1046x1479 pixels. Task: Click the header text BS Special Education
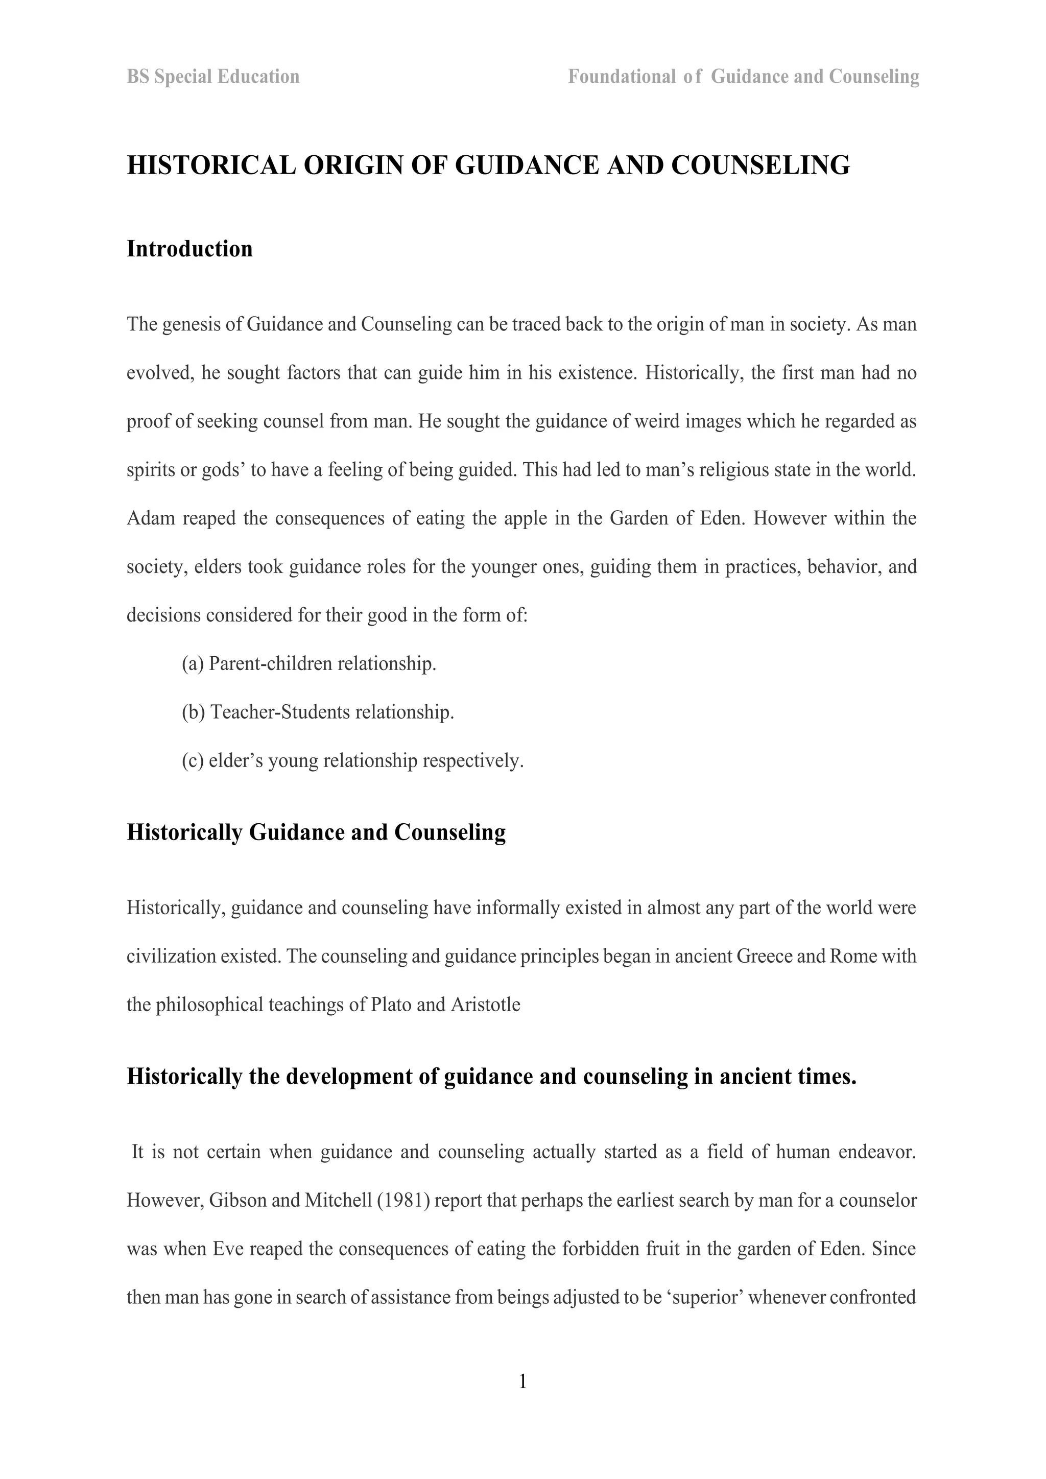(212, 77)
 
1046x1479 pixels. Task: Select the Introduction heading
(189, 249)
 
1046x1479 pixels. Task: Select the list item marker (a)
(193, 663)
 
